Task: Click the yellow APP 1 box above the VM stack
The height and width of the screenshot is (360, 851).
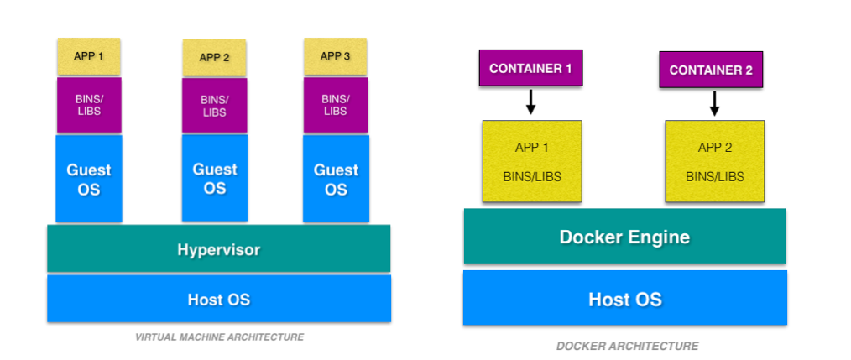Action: pyautogui.click(x=89, y=57)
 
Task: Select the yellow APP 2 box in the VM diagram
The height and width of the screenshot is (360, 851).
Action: pyautogui.click(x=214, y=58)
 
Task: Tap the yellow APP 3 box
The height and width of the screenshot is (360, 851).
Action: pyautogui.click(x=335, y=56)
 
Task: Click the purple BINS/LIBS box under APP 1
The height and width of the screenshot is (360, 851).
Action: pyautogui.click(x=89, y=105)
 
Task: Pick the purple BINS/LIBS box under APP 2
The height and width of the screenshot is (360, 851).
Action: pyautogui.click(x=214, y=105)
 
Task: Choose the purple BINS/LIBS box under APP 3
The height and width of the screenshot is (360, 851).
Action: pyautogui.click(x=335, y=105)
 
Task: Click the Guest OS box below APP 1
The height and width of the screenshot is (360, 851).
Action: pyautogui.click(x=89, y=179)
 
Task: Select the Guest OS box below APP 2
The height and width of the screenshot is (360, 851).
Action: pyautogui.click(x=214, y=179)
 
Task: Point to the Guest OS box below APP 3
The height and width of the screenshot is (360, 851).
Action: pyautogui.click(x=335, y=179)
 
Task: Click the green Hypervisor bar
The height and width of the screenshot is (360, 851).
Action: pyautogui.click(x=218, y=249)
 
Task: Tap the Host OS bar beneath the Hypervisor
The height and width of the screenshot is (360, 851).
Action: pyautogui.click(x=218, y=299)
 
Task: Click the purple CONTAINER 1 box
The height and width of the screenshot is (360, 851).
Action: pyautogui.click(x=530, y=69)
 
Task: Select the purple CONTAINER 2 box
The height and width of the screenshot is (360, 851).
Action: pyautogui.click(x=711, y=70)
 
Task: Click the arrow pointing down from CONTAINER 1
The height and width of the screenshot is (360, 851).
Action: pyautogui.click(x=530, y=102)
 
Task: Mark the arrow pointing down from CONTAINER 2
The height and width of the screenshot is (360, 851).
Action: pyautogui.click(x=714, y=103)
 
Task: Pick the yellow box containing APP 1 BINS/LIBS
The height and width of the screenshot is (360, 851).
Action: pyautogui.click(x=532, y=161)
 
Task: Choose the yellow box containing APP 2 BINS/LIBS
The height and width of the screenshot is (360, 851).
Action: pyautogui.click(x=714, y=161)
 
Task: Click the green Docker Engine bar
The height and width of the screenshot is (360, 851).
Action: pyautogui.click(x=624, y=237)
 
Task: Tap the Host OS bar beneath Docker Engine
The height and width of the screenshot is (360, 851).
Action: pyautogui.click(x=624, y=298)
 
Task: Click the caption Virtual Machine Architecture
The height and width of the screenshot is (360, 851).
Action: pyautogui.click(x=219, y=337)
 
